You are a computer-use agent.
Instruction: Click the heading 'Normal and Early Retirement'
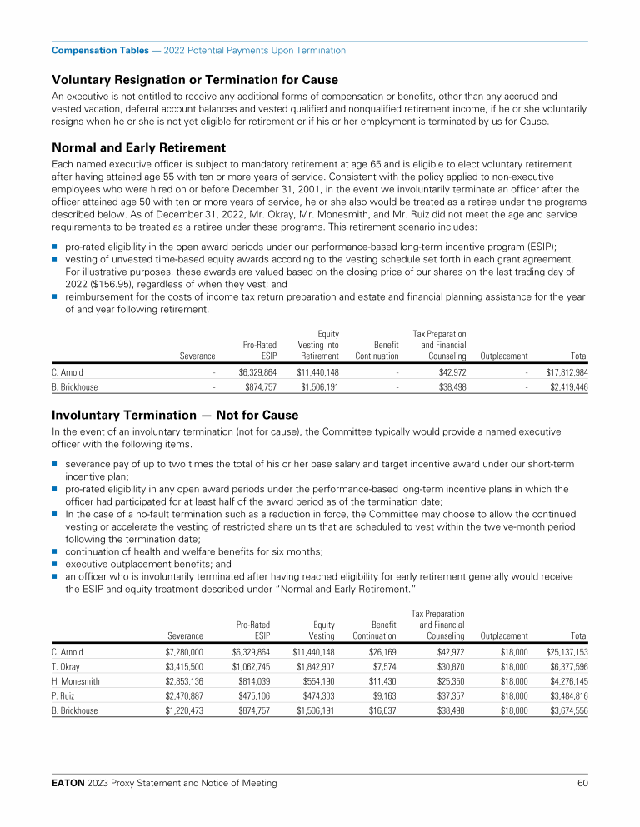tap(138, 148)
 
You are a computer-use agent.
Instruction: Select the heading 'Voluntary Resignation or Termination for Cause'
tap(195, 80)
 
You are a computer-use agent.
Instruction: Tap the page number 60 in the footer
tap(582, 783)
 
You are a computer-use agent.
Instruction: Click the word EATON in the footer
tap(68, 783)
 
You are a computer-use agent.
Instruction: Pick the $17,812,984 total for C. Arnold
tap(567, 371)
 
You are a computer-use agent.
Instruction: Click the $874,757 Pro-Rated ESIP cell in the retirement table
tap(260, 387)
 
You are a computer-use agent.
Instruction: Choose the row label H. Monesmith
tap(75, 682)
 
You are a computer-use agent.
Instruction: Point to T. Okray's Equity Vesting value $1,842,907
tap(313, 667)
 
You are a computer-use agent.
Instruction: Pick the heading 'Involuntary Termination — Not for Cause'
tap(175, 415)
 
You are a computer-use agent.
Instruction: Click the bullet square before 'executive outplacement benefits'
tap(55, 563)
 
